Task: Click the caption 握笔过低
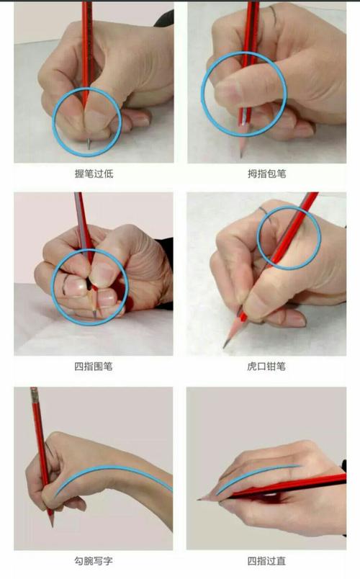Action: click(93, 174)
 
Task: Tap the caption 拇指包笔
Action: click(266, 174)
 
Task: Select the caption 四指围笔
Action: click(93, 367)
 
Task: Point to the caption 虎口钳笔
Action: click(266, 367)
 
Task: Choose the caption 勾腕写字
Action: click(93, 560)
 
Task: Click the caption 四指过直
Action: click(266, 560)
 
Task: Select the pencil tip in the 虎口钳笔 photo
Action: click(225, 346)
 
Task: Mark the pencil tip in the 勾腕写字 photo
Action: click(52, 524)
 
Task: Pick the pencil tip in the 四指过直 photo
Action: click(199, 498)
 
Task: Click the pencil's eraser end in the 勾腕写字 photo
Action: click(33, 392)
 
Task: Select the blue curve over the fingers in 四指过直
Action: click(259, 471)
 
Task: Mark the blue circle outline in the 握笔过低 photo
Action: click(55, 122)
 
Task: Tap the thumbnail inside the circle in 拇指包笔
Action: click(229, 92)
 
